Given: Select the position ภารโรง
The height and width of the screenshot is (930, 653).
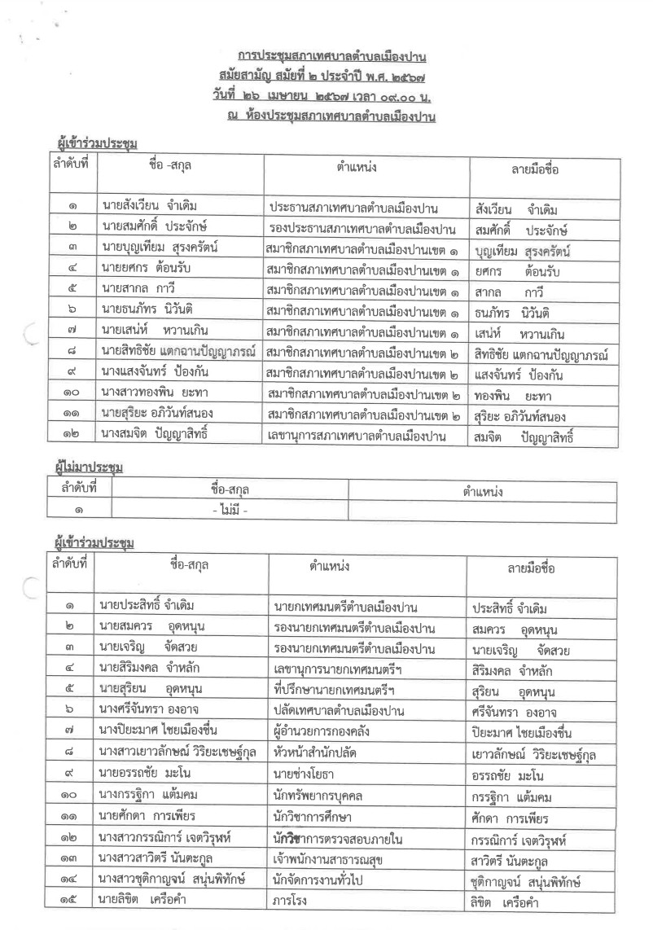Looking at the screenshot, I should (291, 901).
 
